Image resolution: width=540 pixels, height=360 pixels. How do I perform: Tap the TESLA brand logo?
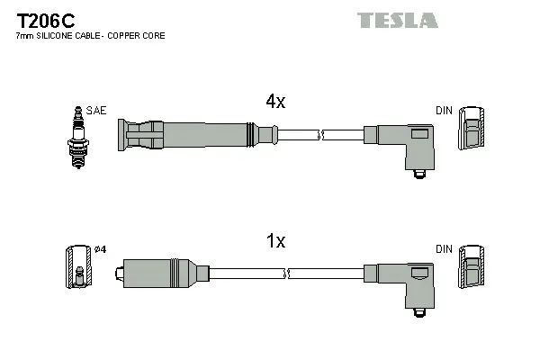397,20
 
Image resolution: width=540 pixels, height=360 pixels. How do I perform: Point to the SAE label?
96,111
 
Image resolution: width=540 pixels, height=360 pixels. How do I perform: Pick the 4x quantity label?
275,103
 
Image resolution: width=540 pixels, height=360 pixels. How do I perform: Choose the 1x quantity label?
275,241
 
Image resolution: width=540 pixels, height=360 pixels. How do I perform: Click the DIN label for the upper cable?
444,111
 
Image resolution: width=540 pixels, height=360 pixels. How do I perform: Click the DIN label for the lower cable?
444,248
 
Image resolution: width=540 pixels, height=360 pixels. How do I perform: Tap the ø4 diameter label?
100,249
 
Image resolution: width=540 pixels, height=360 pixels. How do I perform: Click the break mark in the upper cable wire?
320,135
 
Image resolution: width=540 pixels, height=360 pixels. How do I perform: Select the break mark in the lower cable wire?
286,273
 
